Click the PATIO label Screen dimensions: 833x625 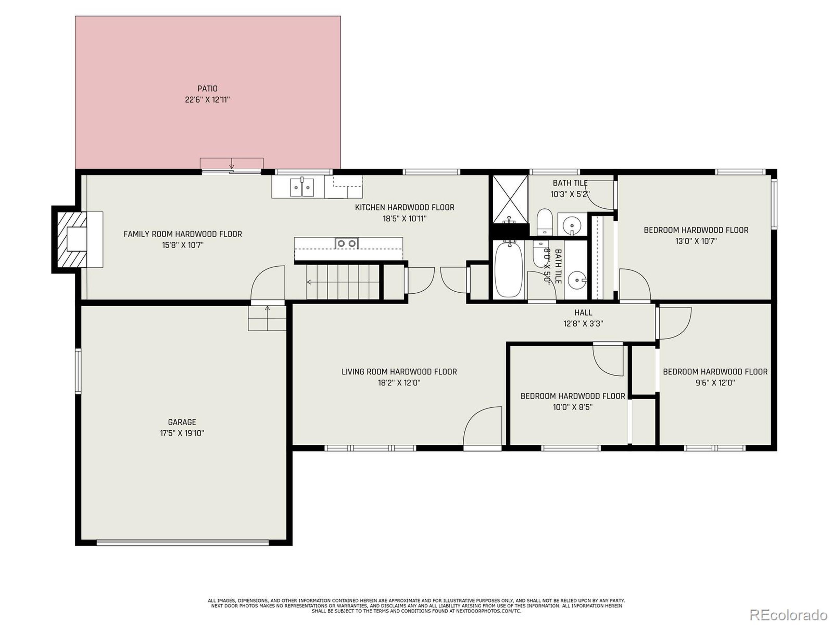pyautogui.click(x=208, y=89)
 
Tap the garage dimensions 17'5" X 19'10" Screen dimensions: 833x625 pyautogui.click(x=182, y=433)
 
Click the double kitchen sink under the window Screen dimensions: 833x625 pyautogui.click(x=302, y=187)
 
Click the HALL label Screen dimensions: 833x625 pyautogui.click(x=583, y=312)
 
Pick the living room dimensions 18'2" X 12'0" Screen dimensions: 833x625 pyautogui.click(x=399, y=383)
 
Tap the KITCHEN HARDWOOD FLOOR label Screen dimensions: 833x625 pyautogui.click(x=404, y=207)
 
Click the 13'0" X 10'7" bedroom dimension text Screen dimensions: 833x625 pyautogui.click(x=696, y=241)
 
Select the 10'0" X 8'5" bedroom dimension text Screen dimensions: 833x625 pyautogui.click(x=572, y=407)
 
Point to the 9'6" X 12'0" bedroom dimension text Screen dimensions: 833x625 pyautogui.click(x=715, y=383)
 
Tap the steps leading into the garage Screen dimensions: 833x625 pyautogui.click(x=267, y=319)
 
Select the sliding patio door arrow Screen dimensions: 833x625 pyautogui.click(x=232, y=163)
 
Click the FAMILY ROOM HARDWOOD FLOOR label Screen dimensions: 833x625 pyautogui.click(x=183, y=234)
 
